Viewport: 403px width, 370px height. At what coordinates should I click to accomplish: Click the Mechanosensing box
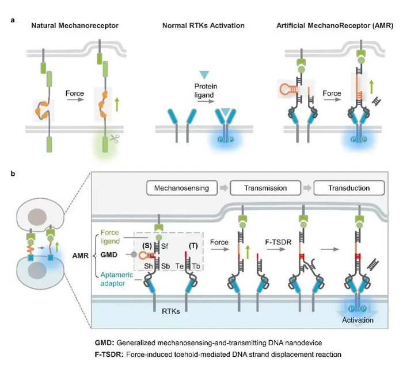[x=182, y=188]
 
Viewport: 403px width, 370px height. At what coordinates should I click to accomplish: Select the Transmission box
[x=265, y=188]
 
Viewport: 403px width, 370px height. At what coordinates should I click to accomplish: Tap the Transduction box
[x=349, y=188]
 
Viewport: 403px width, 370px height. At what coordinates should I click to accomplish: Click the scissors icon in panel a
[x=115, y=138]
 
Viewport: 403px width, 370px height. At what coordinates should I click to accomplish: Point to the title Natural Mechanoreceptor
[x=75, y=26]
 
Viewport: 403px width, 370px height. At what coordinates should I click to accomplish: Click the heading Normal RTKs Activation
[x=203, y=26]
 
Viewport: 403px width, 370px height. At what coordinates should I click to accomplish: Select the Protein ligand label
[x=206, y=91]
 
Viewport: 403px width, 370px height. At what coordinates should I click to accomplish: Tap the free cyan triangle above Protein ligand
[x=204, y=75]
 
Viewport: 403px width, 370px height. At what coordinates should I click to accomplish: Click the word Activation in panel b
[x=358, y=320]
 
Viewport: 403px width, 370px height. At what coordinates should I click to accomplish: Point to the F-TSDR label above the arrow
[x=278, y=242]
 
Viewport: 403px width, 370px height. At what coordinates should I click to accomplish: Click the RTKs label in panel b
[x=170, y=311]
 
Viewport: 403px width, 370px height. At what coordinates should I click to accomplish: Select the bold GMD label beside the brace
[x=109, y=255]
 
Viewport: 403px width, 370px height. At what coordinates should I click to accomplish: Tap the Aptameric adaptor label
[x=113, y=279]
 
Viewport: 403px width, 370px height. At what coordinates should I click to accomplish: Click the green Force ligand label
[x=110, y=237]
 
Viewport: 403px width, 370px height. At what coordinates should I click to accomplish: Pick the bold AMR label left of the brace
[x=81, y=256]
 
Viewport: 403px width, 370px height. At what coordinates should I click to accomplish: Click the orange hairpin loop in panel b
[x=143, y=255]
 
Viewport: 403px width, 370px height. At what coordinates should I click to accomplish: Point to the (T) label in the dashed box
[x=193, y=246]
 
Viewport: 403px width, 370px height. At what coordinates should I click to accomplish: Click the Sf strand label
[x=165, y=246]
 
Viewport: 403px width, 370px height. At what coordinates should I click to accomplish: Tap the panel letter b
[x=13, y=174]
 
